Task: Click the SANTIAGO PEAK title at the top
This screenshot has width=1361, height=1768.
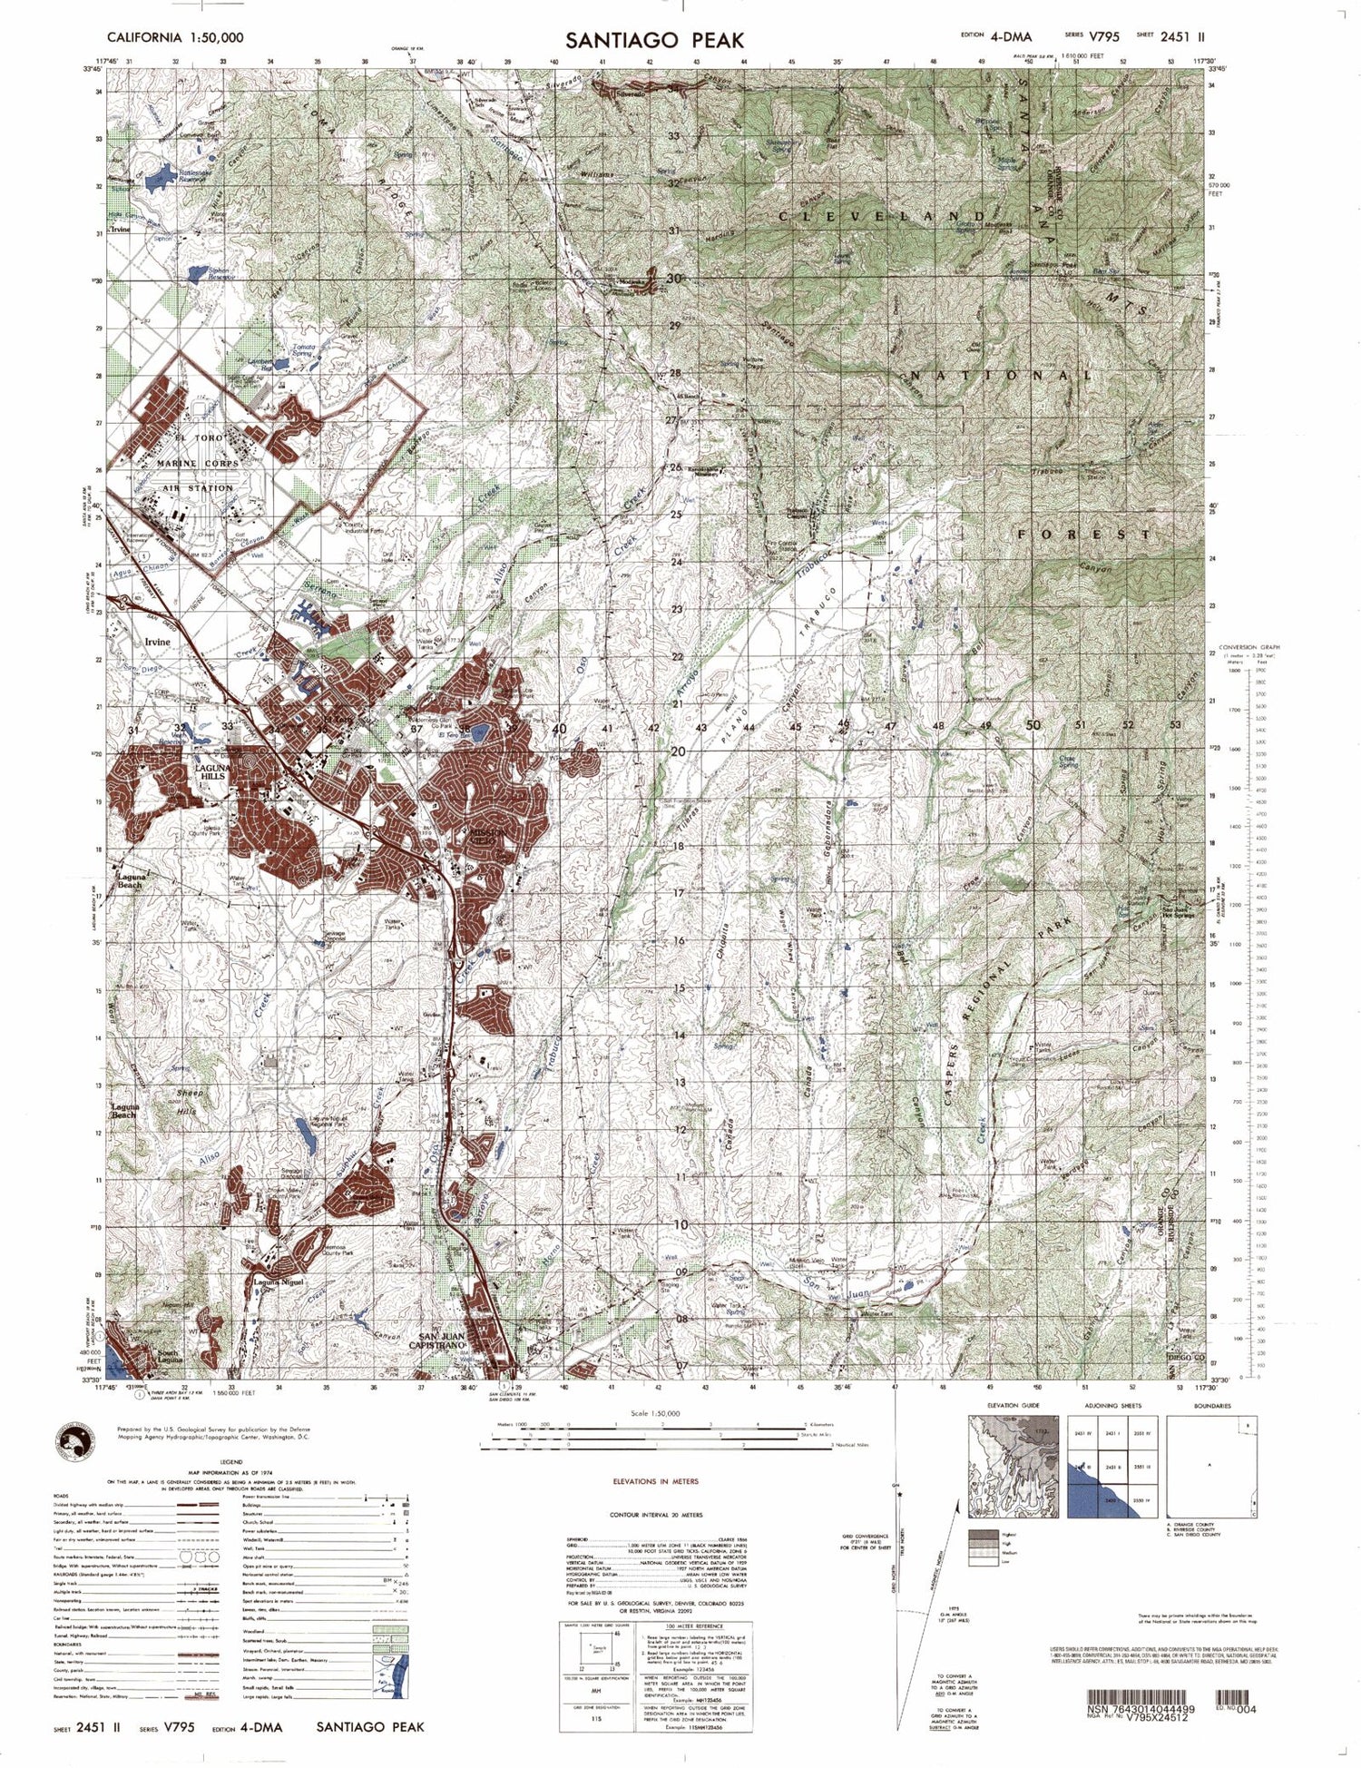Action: [655, 40]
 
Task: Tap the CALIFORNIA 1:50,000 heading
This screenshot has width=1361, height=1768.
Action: [175, 37]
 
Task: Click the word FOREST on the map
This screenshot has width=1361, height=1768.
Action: [1084, 535]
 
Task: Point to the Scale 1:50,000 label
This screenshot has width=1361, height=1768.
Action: [656, 1414]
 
